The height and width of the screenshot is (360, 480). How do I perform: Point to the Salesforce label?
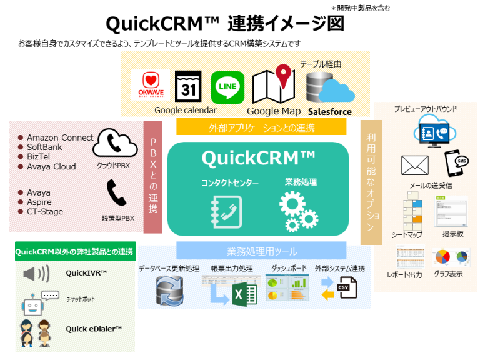pos(329,112)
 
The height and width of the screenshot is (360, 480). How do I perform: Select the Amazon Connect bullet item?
pos(60,137)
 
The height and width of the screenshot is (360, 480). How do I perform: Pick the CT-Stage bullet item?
pos(45,212)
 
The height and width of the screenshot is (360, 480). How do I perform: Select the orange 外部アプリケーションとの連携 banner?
pos(261,127)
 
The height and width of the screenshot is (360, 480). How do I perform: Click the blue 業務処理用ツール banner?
pos(261,251)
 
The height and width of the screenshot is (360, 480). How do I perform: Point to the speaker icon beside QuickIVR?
pos(36,274)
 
